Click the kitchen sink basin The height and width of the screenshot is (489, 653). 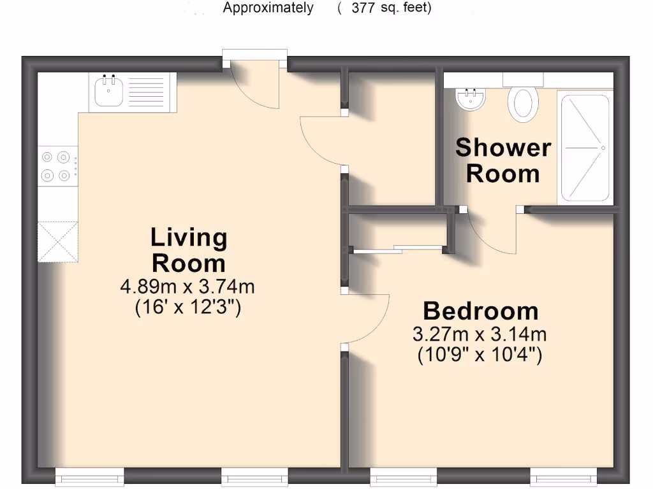click(108, 92)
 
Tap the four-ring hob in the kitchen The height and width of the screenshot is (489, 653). click(55, 166)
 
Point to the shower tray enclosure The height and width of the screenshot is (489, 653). click(585, 148)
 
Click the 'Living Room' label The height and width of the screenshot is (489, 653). click(188, 250)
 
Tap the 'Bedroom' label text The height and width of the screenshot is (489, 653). click(480, 311)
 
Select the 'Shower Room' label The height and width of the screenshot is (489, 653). click(503, 160)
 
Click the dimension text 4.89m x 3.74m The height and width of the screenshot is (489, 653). click(187, 287)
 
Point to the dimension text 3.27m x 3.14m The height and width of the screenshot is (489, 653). click(480, 334)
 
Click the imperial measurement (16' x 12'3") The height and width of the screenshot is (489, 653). click(187, 308)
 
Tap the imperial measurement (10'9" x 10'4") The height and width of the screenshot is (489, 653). click(480, 355)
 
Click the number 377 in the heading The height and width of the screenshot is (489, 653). click(363, 8)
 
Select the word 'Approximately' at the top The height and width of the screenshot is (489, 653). click(268, 8)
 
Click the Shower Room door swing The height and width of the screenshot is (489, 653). click(491, 232)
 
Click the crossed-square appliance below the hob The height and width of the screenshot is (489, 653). click(58, 241)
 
